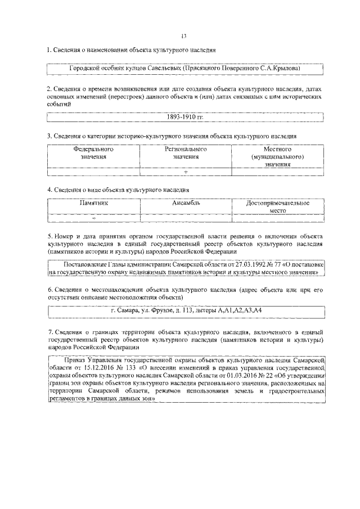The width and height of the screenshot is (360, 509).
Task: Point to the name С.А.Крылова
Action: coord(280,68)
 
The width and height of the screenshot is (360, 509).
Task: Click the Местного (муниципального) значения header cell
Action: coord(278,157)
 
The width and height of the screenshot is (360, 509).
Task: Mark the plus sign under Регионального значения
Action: coord(186,172)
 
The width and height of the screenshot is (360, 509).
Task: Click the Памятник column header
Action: coord(93,202)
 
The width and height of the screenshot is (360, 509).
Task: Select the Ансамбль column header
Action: coord(186,202)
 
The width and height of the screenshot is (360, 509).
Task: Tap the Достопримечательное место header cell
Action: coord(278,206)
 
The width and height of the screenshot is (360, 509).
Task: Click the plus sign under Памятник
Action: coord(93,218)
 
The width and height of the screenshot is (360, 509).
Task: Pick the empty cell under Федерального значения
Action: coord(93,172)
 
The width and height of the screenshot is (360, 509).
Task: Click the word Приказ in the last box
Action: coord(77,359)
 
